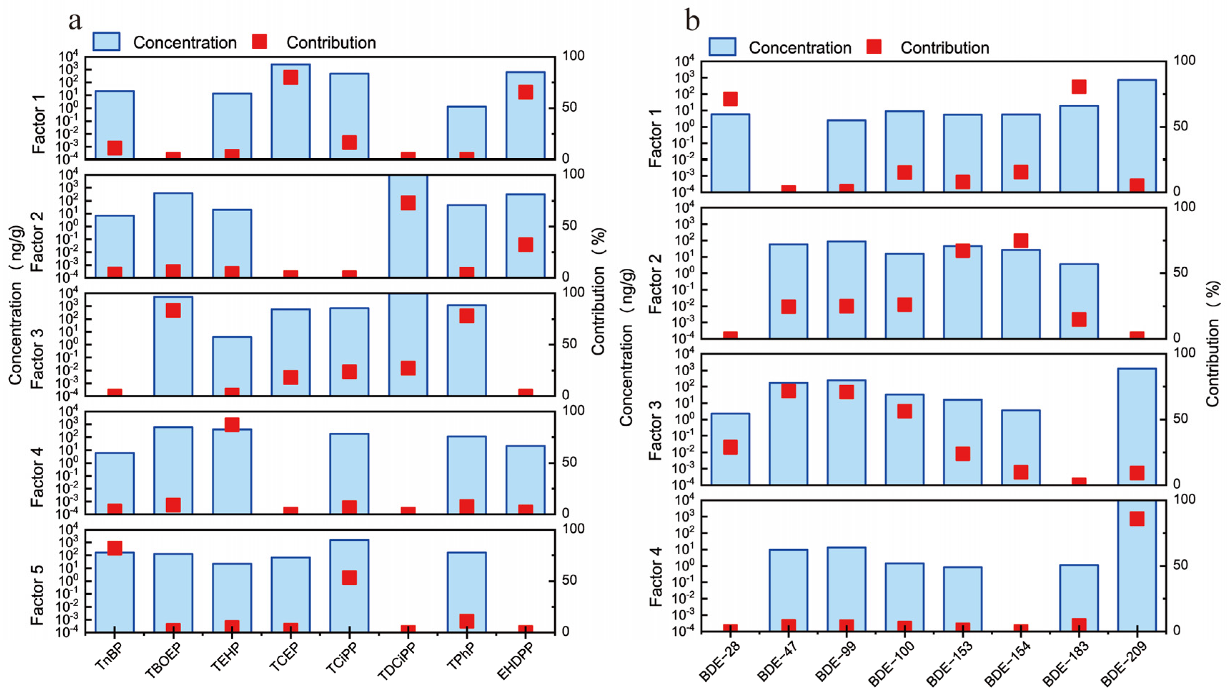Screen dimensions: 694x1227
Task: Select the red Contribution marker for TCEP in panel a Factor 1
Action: point(291,77)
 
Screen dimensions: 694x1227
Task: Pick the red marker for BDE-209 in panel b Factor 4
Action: point(1137,519)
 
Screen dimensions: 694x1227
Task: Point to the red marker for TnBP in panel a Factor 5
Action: point(114,548)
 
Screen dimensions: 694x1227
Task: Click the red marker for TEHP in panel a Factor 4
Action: point(232,424)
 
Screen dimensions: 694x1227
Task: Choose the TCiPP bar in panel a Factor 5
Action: point(350,586)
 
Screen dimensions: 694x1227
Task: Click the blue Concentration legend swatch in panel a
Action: point(106,42)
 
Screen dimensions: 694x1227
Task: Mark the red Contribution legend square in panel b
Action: point(874,47)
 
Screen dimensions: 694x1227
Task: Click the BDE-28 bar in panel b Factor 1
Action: point(730,153)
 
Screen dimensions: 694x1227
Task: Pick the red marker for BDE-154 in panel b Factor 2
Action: point(1020,241)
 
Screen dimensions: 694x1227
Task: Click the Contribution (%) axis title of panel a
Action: point(599,291)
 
